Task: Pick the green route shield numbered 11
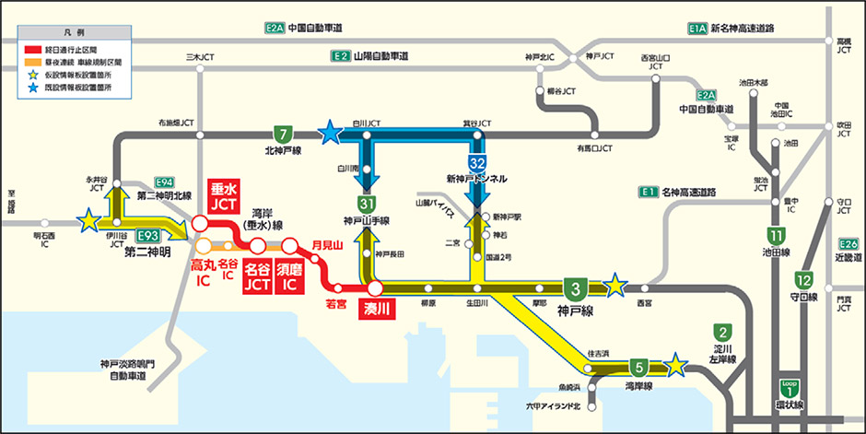[778, 235]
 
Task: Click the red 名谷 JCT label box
[257, 279]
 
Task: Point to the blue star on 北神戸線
[329, 135]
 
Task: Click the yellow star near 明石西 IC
[88, 220]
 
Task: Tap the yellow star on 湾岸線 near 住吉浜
[677, 365]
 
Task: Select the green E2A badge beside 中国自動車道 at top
[275, 29]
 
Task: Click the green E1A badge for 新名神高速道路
[696, 29]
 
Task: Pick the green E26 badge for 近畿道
[848, 244]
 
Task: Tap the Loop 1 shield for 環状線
[787, 389]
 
